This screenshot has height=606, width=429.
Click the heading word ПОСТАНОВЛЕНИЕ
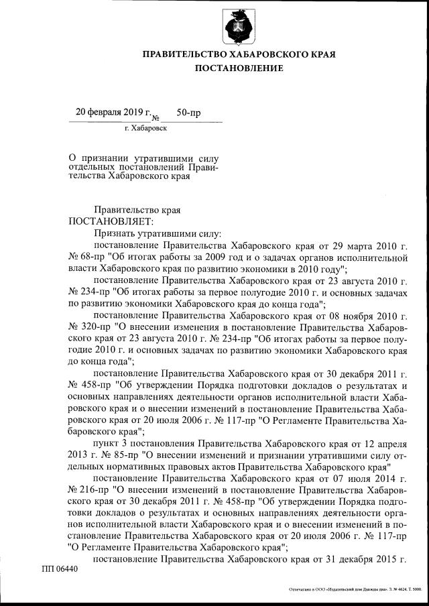click(239, 68)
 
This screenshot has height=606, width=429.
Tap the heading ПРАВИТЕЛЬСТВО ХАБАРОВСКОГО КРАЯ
click(239, 54)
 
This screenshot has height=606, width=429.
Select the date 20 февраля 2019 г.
click(114, 112)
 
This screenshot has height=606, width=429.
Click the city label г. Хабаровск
click(146, 127)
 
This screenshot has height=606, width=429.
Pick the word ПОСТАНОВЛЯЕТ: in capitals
click(110, 221)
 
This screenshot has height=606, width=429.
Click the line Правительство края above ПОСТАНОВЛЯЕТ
click(137, 210)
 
